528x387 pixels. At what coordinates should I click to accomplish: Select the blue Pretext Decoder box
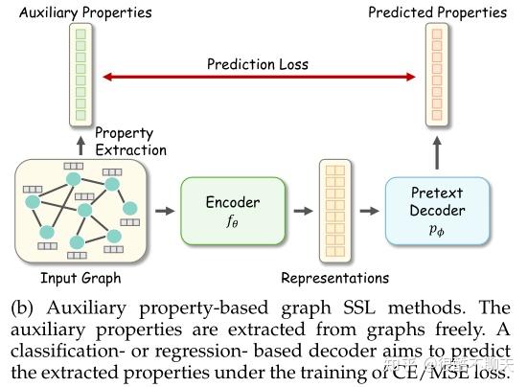point(436,211)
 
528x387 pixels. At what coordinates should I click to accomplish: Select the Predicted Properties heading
point(437,12)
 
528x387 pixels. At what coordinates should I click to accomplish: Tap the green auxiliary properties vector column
point(82,75)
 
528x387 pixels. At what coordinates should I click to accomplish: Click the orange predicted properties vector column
point(436,75)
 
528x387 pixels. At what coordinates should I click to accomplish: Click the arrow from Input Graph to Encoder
point(166,211)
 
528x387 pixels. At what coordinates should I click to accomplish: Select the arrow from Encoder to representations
point(303,211)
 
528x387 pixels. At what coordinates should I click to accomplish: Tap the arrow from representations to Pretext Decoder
point(369,211)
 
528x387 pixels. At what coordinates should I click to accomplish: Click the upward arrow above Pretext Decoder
point(437,152)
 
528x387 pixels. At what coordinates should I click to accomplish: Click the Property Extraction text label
point(130,142)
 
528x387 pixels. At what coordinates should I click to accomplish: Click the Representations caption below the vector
point(334,278)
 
